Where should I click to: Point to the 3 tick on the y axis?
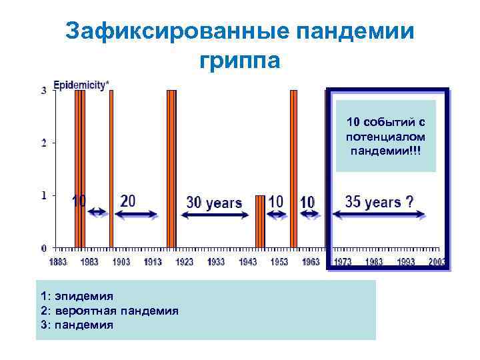[44, 90]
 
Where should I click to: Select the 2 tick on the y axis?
[44, 143]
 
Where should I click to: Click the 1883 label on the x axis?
[58, 262]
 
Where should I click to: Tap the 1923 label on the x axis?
[184, 262]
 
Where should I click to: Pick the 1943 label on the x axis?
[247, 262]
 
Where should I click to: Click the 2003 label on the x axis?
[437, 262]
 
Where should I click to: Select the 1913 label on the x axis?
[153, 262]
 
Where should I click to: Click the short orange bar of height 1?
[261, 221]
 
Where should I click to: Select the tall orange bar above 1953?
[293, 167]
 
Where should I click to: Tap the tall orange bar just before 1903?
[111, 167]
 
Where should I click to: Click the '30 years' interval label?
[214, 203]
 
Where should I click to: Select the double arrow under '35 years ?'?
[379, 215]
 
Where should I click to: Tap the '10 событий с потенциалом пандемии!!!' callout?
[386, 136]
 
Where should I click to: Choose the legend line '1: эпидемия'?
[77, 295]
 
